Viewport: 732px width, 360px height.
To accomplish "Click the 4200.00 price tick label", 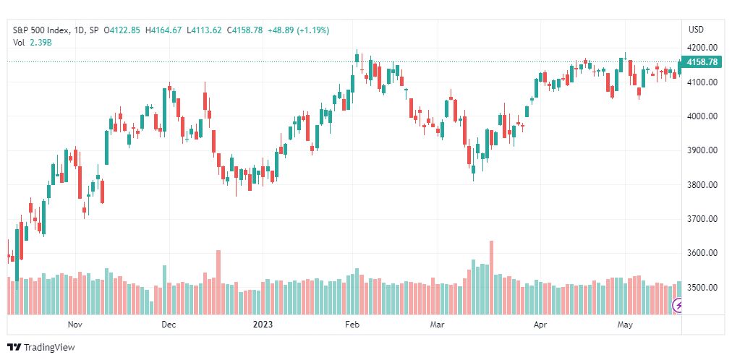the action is [702, 48].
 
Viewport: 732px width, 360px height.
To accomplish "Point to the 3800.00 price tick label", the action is [702, 184].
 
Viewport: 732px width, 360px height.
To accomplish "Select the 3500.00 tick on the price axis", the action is [702, 287].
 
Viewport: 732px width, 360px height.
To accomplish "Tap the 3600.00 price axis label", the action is [702, 253].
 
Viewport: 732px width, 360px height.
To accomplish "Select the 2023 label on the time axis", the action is [262, 325].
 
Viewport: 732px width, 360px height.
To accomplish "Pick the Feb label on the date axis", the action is [351, 325].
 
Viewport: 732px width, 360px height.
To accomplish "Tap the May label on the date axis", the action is [624, 325].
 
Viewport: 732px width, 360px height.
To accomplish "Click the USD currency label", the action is [696, 30].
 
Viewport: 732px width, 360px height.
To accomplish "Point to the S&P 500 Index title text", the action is [41, 30].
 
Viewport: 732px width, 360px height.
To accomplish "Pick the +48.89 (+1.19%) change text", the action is [298, 30].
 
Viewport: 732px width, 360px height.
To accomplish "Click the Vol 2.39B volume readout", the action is [32, 42].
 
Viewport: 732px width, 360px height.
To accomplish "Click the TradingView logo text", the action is [49, 348].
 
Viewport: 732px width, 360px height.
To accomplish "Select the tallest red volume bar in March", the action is [491, 278].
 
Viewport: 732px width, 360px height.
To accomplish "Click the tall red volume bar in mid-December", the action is [218, 282].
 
